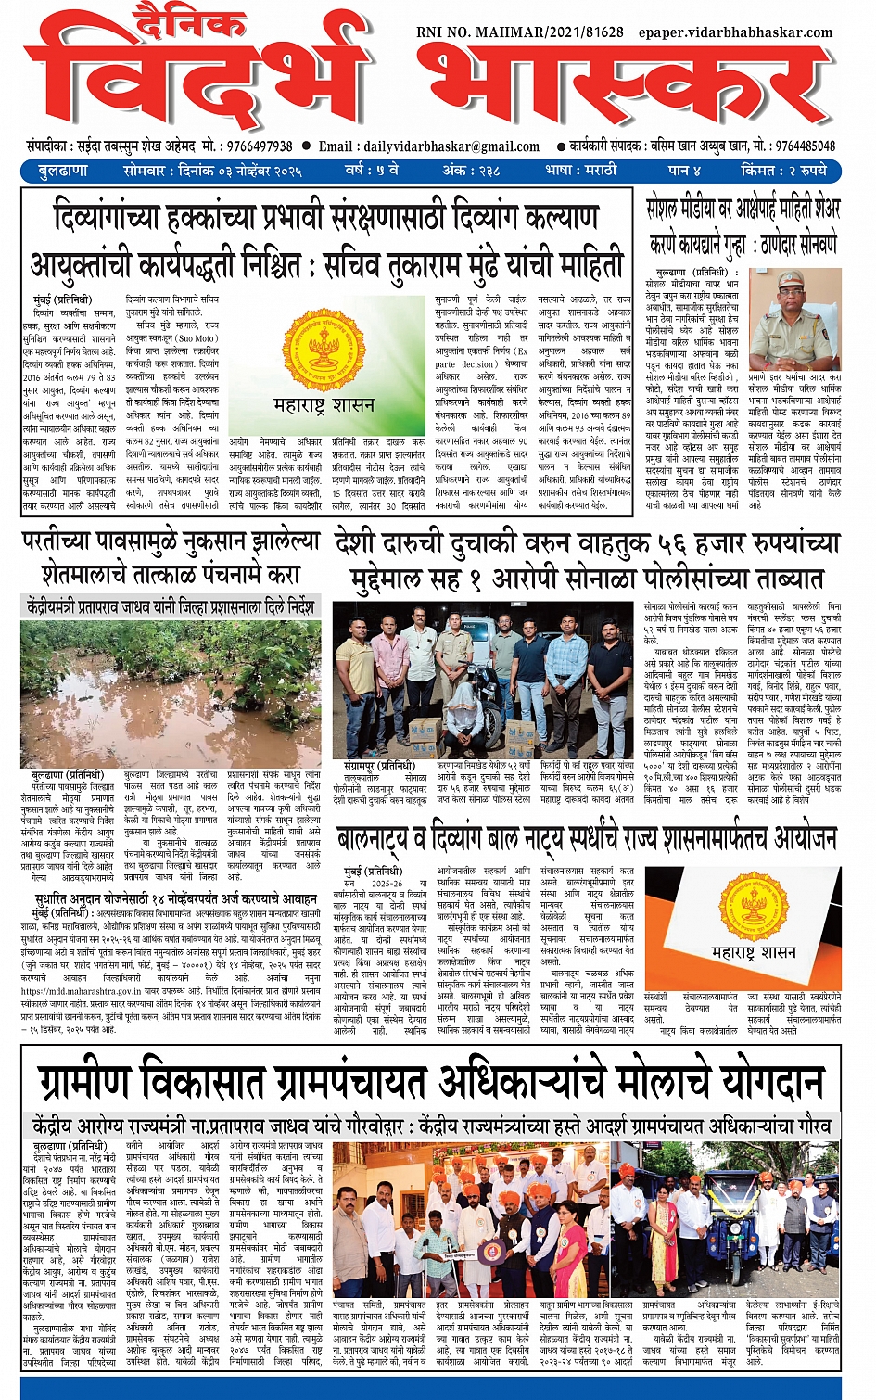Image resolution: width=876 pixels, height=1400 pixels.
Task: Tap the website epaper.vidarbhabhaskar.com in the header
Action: (735, 32)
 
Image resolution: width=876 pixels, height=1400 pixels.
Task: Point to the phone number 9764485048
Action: (805, 146)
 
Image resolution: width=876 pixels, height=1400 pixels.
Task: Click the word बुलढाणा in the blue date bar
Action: (63, 171)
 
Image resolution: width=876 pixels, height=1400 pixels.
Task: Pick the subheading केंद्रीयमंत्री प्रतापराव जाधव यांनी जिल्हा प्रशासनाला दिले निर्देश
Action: (170, 607)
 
